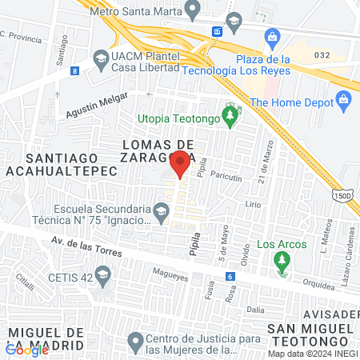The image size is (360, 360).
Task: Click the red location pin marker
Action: [x=181, y=162]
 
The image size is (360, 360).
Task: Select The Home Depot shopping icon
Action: [x=344, y=102]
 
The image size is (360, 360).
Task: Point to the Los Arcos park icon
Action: [x=280, y=260]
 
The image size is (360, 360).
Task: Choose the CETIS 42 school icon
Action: [x=102, y=277]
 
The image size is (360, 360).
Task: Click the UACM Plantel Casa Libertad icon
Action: [x=101, y=58]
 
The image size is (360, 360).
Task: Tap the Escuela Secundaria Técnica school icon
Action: [x=161, y=212]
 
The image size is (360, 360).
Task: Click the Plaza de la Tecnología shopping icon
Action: [x=273, y=37]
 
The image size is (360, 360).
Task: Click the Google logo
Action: [x=26, y=349]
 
